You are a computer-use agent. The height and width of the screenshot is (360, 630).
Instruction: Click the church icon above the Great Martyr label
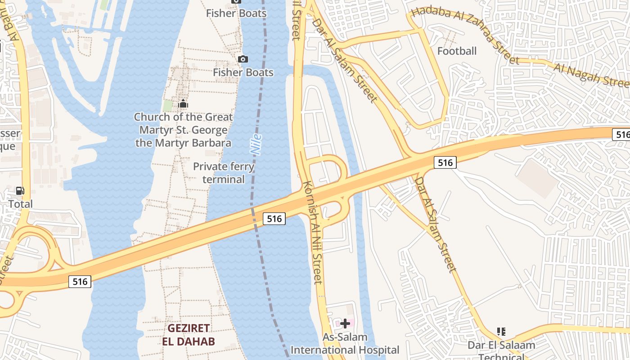(183, 104)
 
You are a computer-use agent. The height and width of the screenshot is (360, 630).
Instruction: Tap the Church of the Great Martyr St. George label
(184, 130)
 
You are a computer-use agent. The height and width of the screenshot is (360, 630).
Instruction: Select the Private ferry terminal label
(224, 173)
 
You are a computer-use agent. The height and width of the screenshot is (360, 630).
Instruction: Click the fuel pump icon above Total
(20, 191)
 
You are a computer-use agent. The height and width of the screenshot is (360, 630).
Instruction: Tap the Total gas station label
(21, 204)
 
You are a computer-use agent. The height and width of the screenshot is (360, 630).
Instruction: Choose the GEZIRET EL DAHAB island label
(189, 334)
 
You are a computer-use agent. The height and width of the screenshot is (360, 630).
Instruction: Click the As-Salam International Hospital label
(345, 343)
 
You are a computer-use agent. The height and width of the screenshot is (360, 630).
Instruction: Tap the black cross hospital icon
(345, 323)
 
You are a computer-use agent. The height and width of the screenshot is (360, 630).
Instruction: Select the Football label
(457, 51)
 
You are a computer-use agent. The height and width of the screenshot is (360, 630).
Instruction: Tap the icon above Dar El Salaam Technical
(501, 332)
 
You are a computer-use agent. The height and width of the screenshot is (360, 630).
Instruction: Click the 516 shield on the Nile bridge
(274, 219)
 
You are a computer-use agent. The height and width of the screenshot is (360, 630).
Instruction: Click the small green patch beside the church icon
(167, 105)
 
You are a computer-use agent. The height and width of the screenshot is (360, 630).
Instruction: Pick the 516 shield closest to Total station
(80, 281)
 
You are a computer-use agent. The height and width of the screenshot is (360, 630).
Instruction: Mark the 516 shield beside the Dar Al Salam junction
(445, 162)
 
